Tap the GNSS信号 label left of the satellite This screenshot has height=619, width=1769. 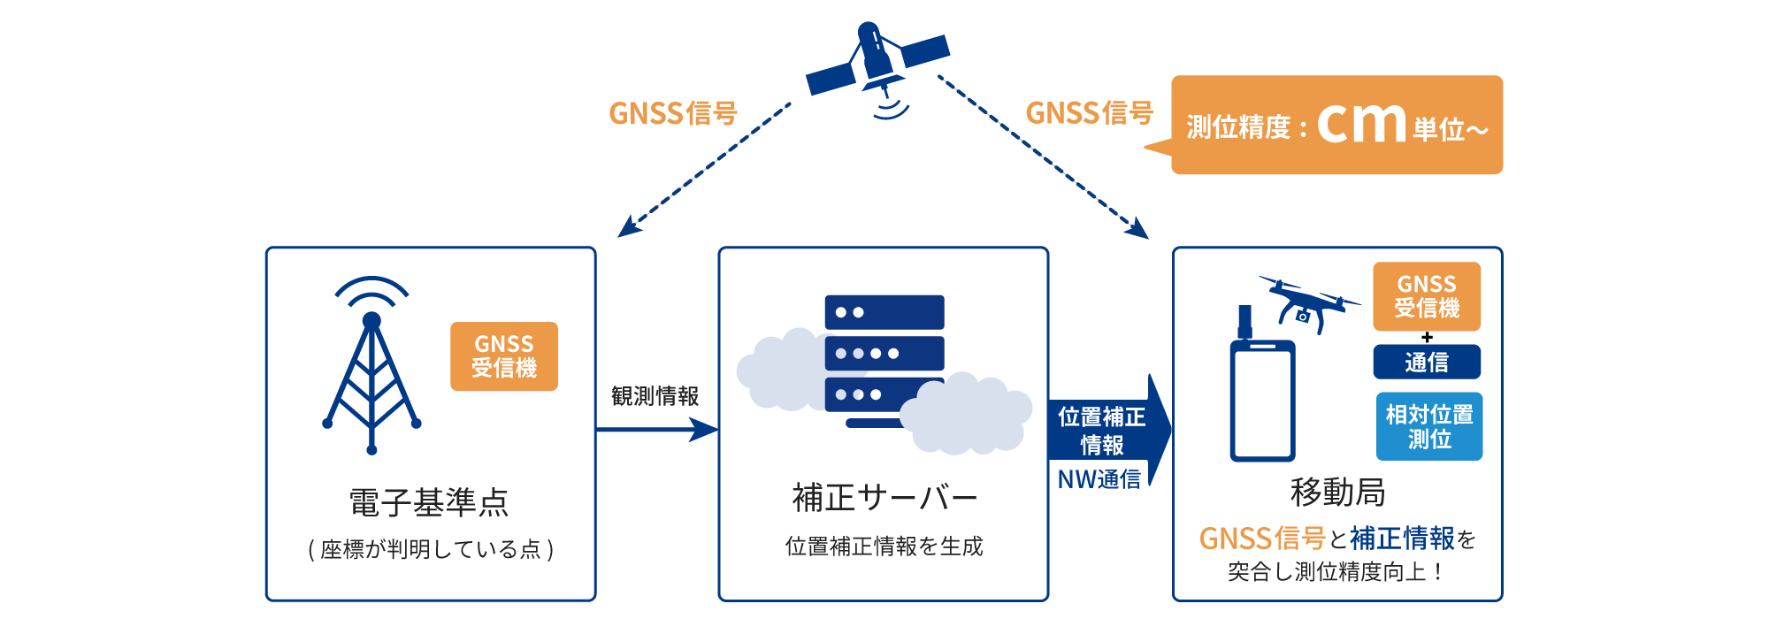tap(672, 113)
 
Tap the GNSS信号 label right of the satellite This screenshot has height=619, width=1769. tap(1089, 113)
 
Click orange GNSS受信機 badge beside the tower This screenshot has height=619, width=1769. tap(503, 356)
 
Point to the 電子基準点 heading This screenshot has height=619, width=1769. tap(429, 502)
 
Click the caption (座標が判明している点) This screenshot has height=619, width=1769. tap(431, 549)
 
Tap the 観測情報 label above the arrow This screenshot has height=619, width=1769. tap(655, 395)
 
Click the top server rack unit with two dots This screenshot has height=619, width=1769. tap(884, 312)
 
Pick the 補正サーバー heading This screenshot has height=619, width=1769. tap(884, 498)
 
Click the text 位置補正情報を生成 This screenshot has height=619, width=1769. tap(884, 546)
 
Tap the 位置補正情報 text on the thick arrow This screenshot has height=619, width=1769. tap(1101, 430)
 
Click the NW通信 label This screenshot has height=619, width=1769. tap(1099, 479)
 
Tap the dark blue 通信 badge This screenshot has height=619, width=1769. tap(1426, 362)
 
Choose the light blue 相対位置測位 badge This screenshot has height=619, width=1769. tap(1428, 426)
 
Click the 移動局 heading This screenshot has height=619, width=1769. tap(1337, 492)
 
